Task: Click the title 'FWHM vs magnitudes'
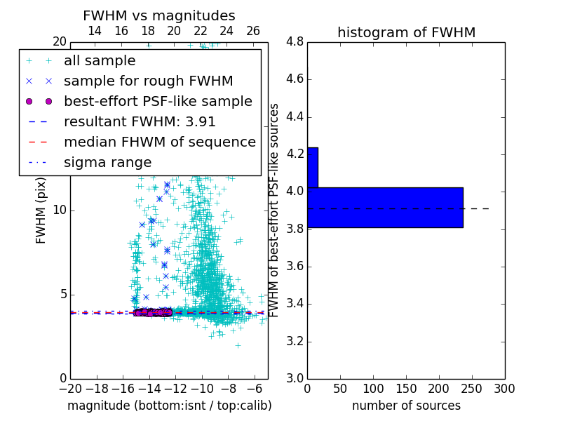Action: (159, 15)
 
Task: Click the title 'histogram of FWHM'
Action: (406, 32)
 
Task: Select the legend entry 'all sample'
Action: (100, 61)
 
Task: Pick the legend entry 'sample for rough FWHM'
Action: (148, 81)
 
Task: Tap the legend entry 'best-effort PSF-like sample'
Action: (158, 102)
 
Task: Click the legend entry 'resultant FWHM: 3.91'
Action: (140, 122)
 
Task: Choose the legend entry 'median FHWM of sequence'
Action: (159, 142)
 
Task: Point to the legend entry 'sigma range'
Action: (107, 163)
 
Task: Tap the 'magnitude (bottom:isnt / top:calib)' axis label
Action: (169, 406)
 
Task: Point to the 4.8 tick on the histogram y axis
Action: (295, 41)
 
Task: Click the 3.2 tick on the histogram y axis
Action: (295, 341)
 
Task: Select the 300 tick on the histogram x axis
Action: (505, 388)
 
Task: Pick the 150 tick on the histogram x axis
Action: (406, 388)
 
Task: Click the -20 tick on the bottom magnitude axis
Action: (70, 388)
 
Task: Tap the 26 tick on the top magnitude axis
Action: (253, 31)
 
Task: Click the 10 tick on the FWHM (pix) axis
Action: (59, 210)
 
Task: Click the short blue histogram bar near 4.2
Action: (313, 167)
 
